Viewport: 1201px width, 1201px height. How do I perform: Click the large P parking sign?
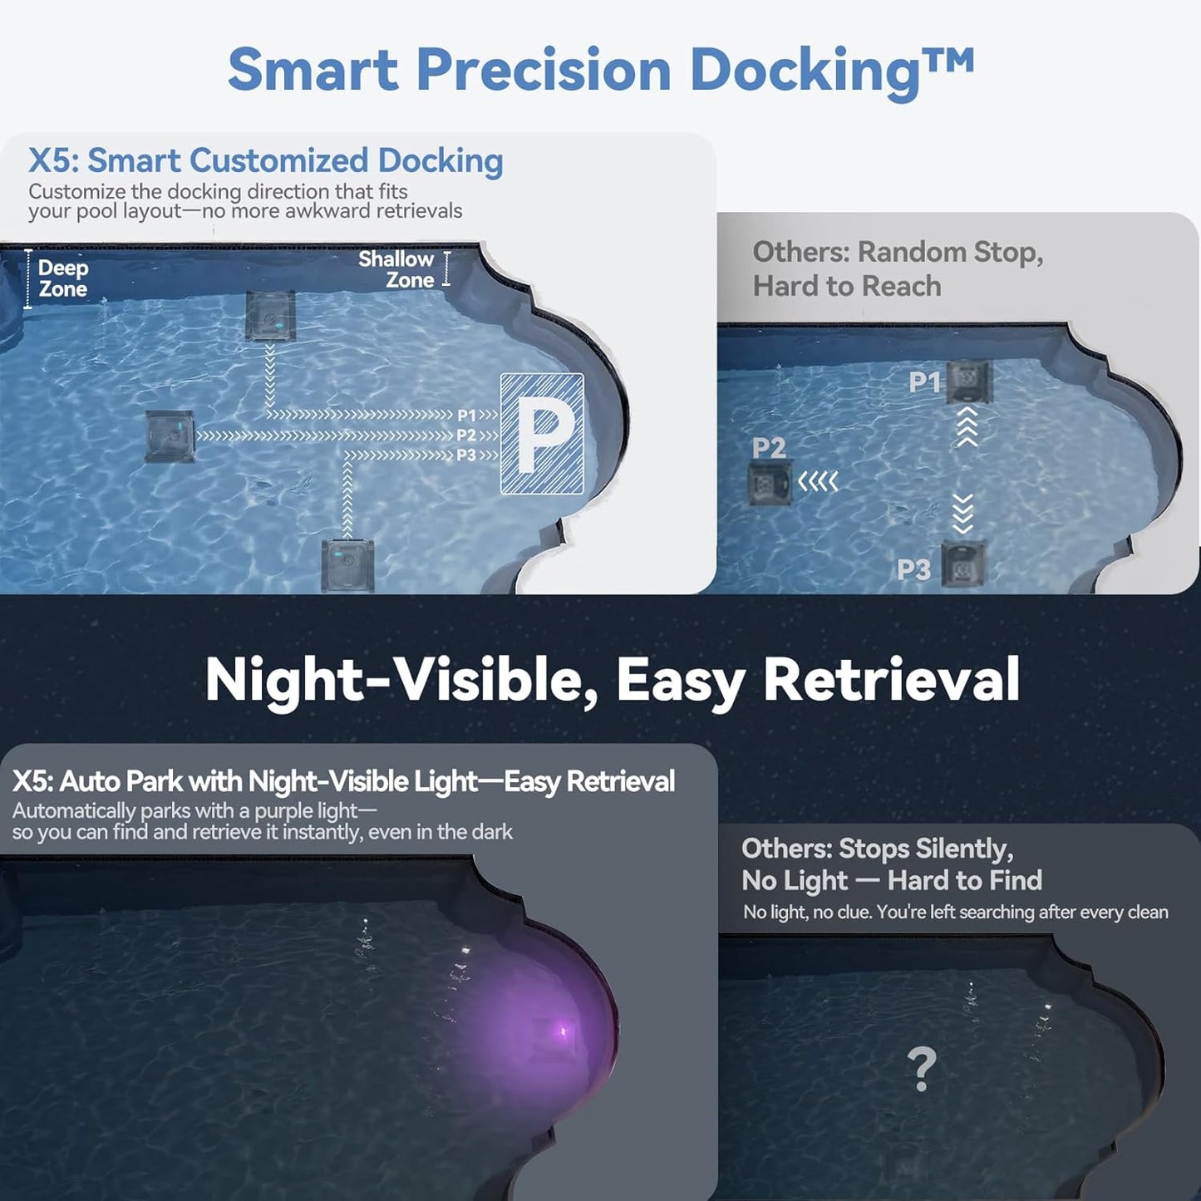coord(542,434)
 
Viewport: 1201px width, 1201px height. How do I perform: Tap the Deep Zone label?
coord(62,278)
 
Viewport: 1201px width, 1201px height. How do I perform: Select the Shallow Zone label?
coord(396,270)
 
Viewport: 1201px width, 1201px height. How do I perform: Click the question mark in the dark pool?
coord(921,1069)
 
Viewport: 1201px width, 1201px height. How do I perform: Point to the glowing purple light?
coord(560,1033)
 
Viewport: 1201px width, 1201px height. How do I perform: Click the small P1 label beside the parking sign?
coord(467,415)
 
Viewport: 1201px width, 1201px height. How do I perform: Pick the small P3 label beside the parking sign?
coord(466,455)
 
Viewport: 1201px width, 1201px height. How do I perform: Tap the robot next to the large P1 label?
coord(969,381)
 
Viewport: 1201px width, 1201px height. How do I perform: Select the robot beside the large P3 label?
coord(963,565)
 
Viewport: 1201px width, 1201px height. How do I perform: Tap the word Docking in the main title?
coord(804,71)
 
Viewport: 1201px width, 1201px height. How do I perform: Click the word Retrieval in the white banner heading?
coord(891,681)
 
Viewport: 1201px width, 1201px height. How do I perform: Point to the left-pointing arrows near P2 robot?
coord(818,481)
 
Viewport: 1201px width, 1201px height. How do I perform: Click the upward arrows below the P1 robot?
coord(967,426)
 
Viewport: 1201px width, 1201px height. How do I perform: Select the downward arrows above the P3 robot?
coord(962,513)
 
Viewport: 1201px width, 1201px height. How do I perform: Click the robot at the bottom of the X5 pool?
coord(347,565)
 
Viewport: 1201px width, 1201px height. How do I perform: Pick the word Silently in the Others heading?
coord(967,849)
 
